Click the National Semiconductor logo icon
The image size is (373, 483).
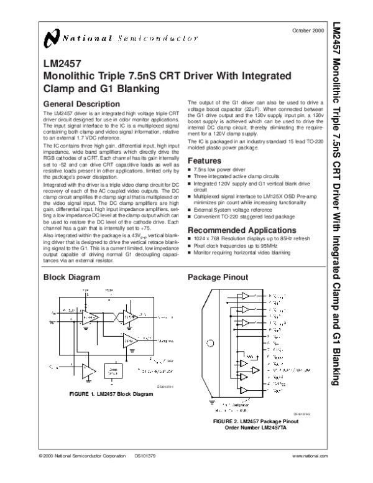click(53, 40)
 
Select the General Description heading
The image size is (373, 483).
click(78, 103)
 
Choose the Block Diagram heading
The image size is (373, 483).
click(69, 277)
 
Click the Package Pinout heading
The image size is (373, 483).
click(214, 277)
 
